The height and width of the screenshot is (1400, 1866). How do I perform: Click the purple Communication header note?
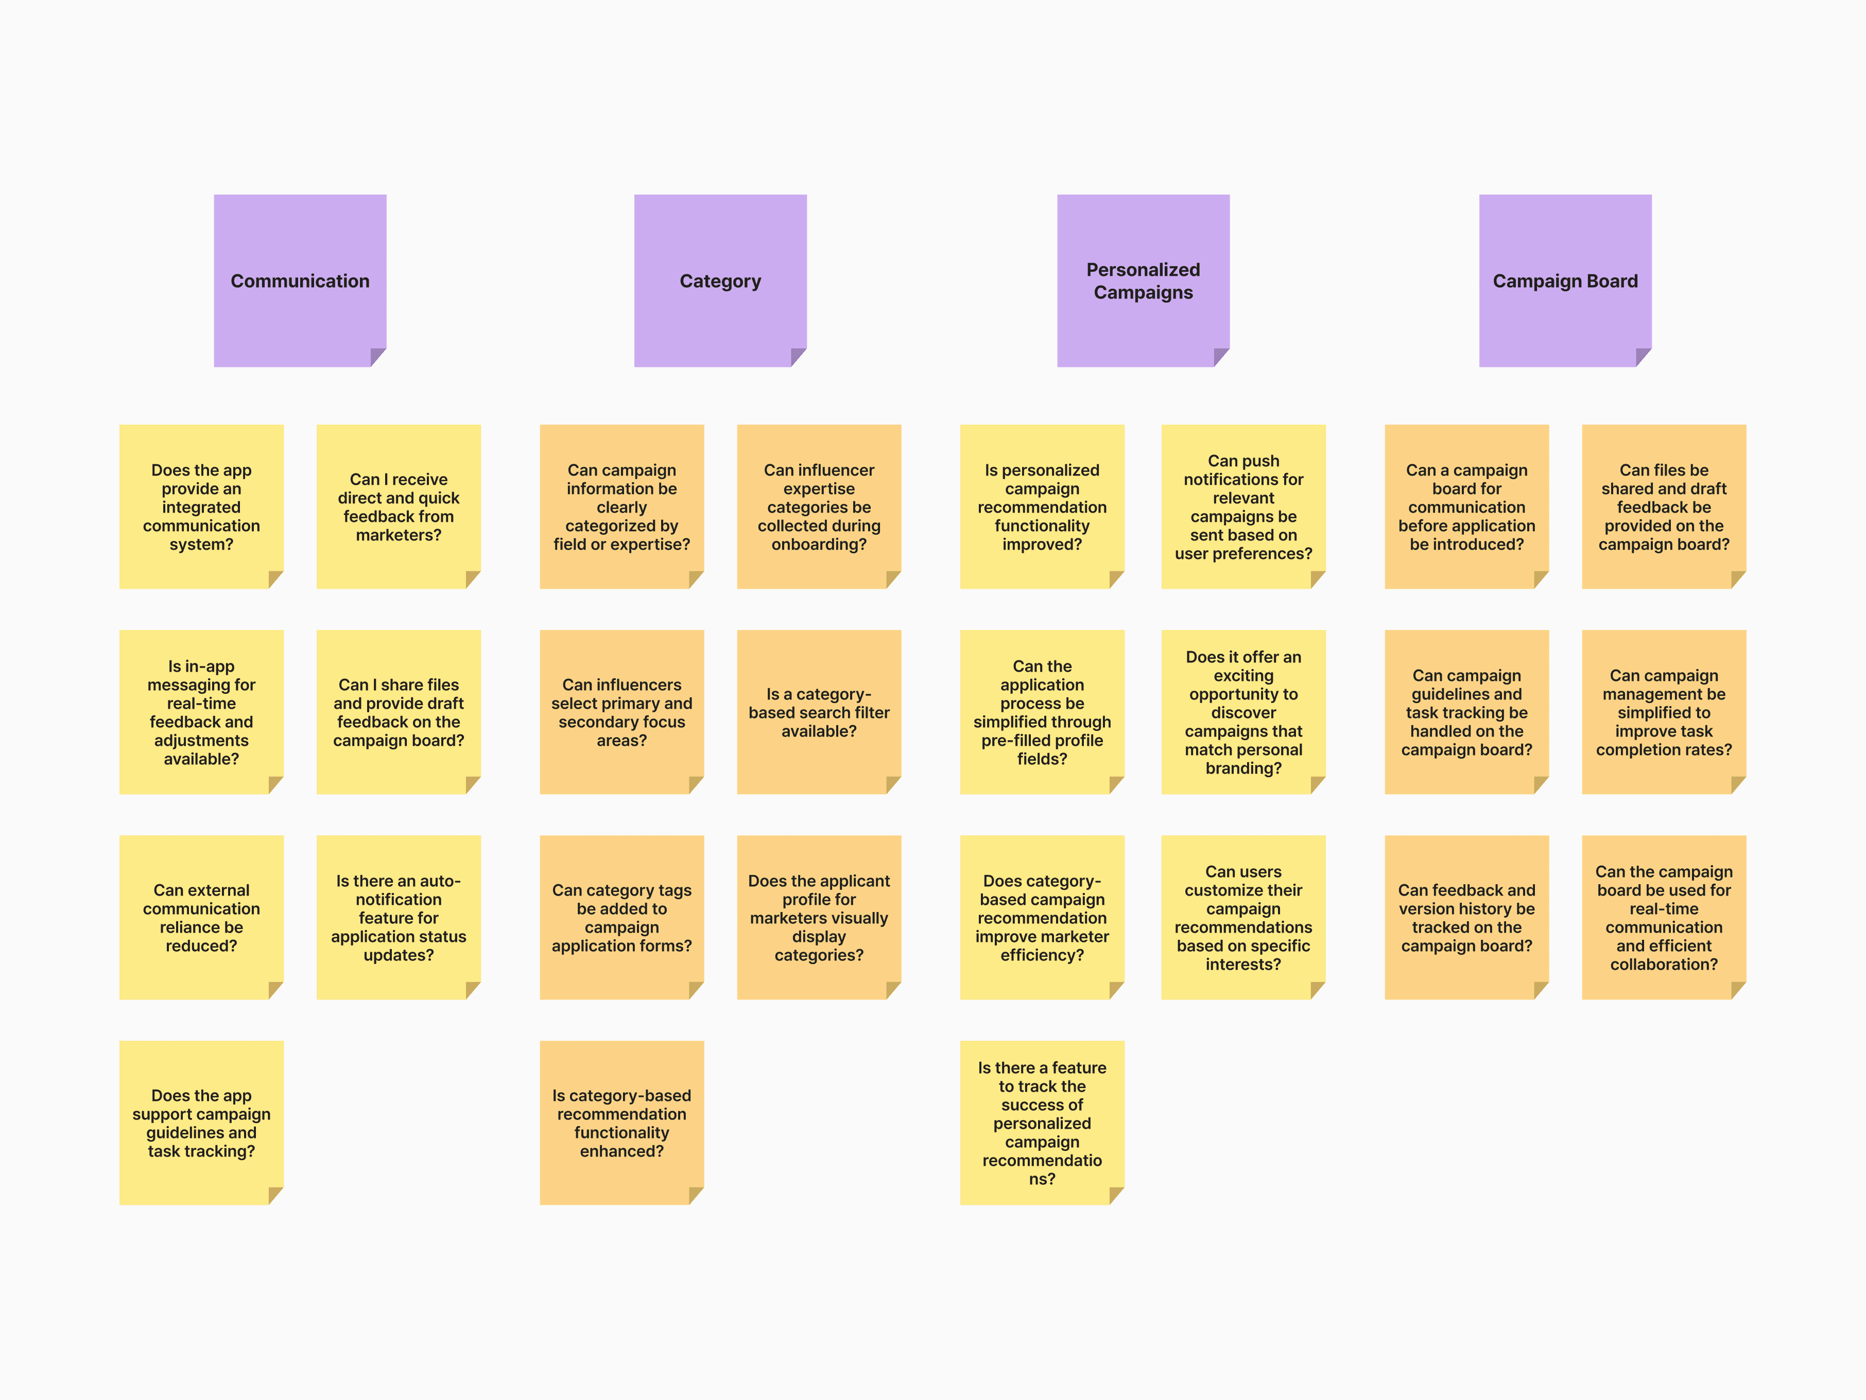coord(300,281)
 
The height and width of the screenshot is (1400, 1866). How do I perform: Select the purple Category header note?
coord(720,281)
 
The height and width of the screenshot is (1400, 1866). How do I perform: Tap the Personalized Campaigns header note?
coord(1143,281)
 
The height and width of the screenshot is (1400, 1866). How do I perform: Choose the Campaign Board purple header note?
coord(1565,281)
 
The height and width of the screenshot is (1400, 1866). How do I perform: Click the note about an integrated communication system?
coord(202,506)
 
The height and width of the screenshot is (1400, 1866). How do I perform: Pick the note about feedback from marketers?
coord(398,506)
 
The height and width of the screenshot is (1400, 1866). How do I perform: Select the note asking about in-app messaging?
coord(202,712)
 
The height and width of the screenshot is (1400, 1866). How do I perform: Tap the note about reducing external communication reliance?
coord(202,918)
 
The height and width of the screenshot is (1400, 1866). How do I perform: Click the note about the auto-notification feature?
coord(398,918)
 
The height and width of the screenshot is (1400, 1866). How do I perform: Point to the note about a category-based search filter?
coord(819,712)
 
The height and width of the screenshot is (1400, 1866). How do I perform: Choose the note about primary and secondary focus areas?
coord(621,712)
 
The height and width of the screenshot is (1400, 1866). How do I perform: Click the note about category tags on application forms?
coord(621,918)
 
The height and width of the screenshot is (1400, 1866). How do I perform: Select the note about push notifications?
coord(1243,506)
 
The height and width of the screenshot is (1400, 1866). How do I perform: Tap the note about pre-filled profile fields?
coord(1042,712)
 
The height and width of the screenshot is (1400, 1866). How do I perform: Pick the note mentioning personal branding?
coord(1243,712)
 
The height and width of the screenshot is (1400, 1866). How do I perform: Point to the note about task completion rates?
coord(1664,712)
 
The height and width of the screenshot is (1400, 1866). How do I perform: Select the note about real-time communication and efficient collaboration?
coord(1664,918)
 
